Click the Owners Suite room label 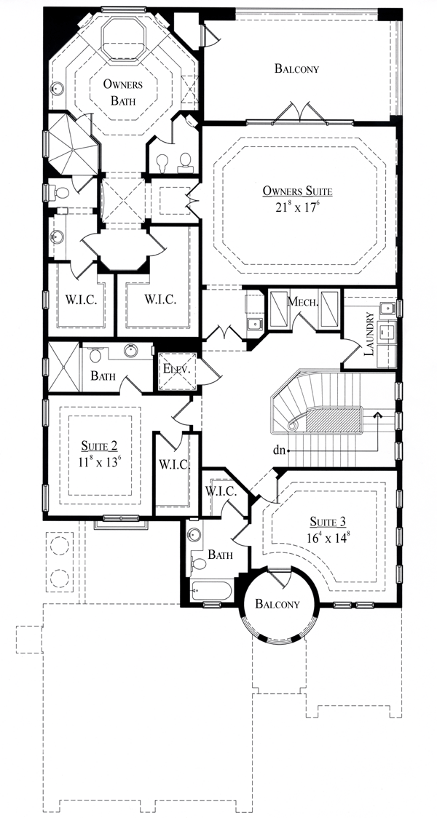[x=298, y=191]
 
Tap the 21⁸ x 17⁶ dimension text [x=298, y=207]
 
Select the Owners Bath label [x=122, y=92]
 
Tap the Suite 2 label [x=99, y=446]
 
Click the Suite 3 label [x=328, y=520]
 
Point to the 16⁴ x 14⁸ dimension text [x=328, y=537]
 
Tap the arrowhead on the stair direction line [x=377, y=416]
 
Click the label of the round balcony [x=277, y=604]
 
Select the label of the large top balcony [x=296, y=68]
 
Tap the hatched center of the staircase [x=334, y=419]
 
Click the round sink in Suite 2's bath [x=130, y=351]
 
